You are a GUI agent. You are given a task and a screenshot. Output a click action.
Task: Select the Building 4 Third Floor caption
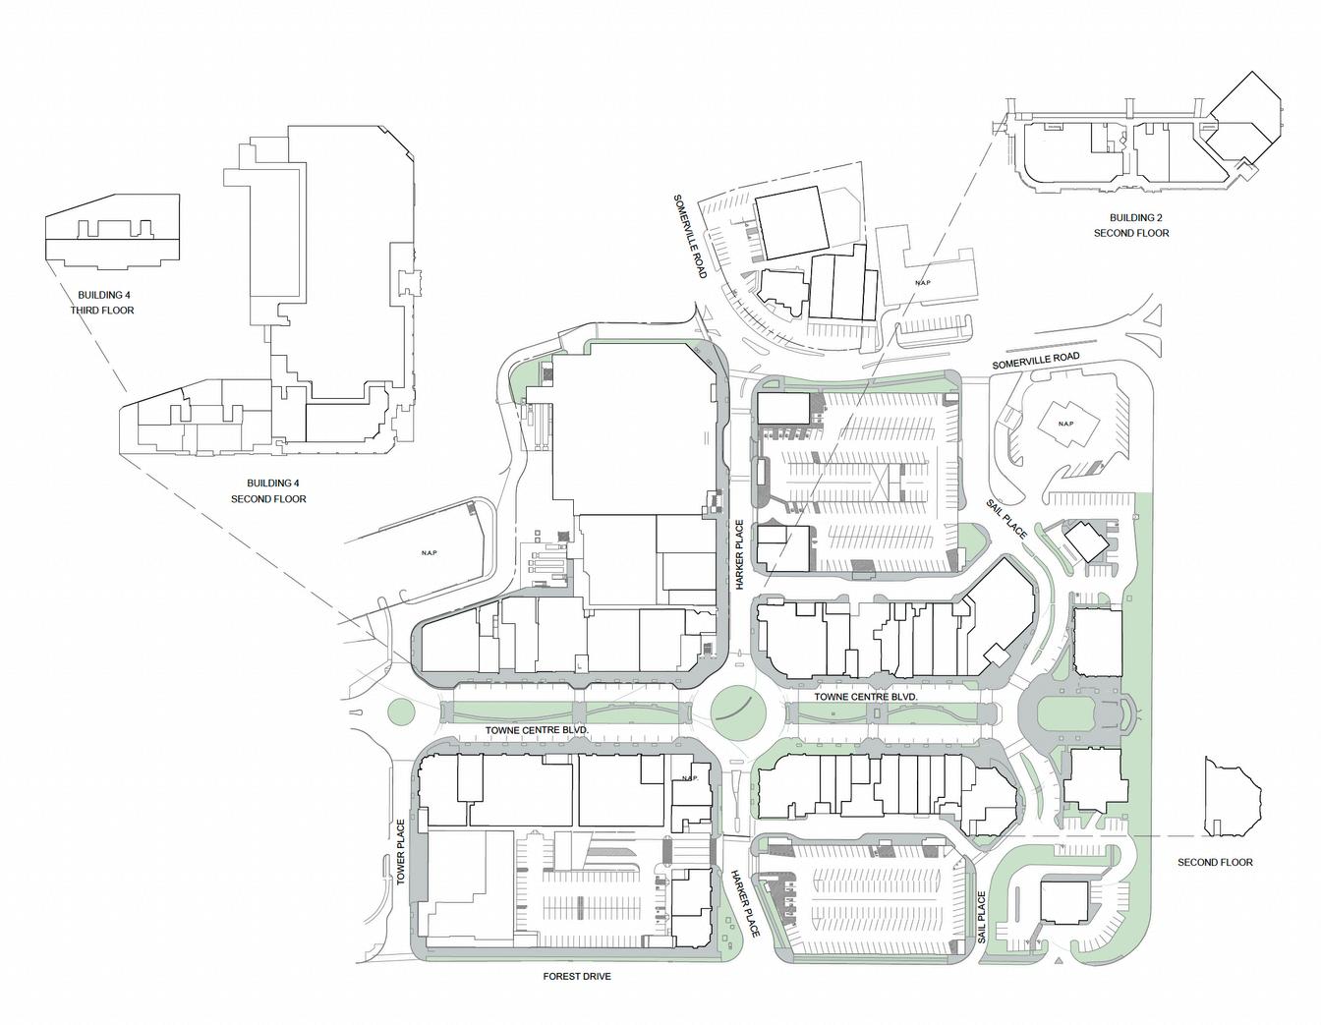pyautogui.click(x=103, y=303)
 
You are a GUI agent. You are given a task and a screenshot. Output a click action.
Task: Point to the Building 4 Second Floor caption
pyautogui.click(x=268, y=491)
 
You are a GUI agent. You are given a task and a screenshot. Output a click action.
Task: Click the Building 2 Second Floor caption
pyautogui.click(x=1131, y=225)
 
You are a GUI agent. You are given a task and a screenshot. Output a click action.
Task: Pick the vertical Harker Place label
pyautogui.click(x=740, y=554)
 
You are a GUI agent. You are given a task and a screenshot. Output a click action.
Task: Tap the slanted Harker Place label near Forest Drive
pyautogui.click(x=745, y=901)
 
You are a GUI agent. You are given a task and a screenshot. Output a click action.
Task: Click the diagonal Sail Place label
pyautogui.click(x=1007, y=518)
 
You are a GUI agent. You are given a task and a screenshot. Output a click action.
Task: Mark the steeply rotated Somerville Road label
pyautogui.click(x=689, y=237)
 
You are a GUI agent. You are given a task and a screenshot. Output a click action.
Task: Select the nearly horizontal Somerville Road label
pyautogui.click(x=1036, y=361)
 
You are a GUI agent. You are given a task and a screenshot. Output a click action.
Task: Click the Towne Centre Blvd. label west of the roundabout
pyautogui.click(x=537, y=729)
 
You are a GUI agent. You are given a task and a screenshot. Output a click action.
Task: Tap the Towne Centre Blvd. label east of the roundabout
pyautogui.click(x=866, y=697)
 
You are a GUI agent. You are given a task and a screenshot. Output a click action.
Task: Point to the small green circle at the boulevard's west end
pyautogui.click(x=399, y=712)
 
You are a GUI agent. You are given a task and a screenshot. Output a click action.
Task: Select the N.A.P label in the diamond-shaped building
pyautogui.click(x=1065, y=424)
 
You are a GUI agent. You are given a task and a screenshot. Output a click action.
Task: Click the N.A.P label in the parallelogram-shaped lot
pyautogui.click(x=429, y=553)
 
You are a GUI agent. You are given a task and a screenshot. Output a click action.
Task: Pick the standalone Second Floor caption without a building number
pyautogui.click(x=1215, y=862)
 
